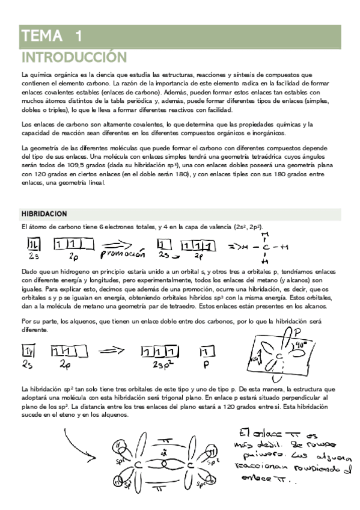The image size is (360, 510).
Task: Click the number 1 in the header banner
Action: coord(78,35)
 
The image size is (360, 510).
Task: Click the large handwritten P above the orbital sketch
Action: coord(297,333)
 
